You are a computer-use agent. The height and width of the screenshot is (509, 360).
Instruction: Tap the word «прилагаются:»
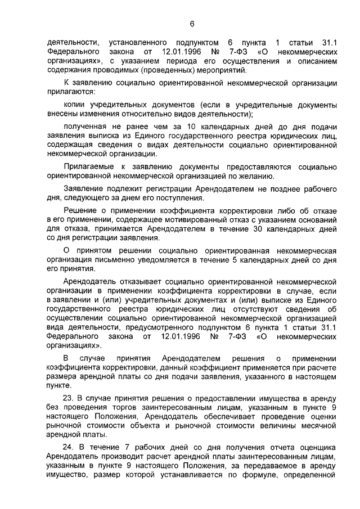(x=71, y=91)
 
